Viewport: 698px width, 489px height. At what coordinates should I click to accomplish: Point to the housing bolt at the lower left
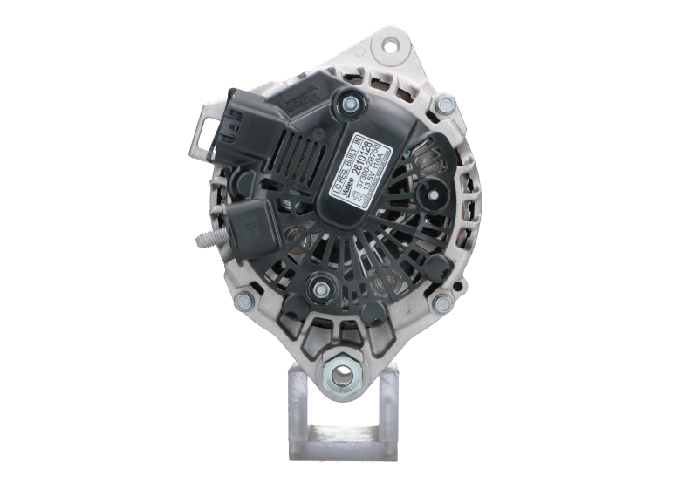point(243,299)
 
